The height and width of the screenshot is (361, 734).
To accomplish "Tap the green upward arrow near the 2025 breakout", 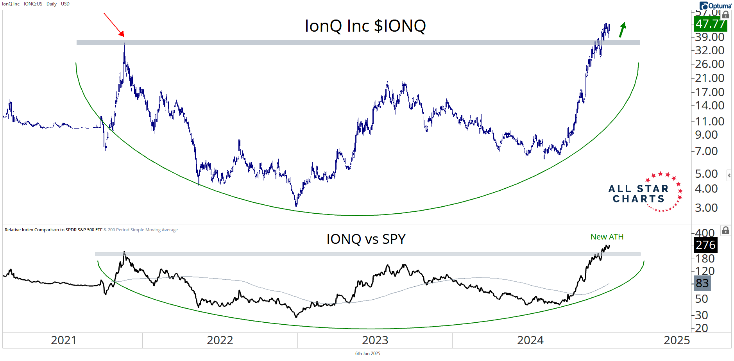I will click(x=622, y=30).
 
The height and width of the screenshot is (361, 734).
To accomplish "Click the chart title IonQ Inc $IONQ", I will click(x=365, y=26).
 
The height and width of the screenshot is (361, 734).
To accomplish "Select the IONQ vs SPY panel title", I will click(x=366, y=239).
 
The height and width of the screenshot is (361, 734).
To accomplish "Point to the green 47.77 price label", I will click(x=710, y=24).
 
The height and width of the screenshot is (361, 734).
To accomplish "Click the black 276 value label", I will click(x=705, y=245).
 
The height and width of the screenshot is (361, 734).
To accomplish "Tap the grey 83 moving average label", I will click(x=702, y=283).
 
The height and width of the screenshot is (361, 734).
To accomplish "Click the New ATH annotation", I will click(x=607, y=237).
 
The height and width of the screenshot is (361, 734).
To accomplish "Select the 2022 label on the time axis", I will click(x=220, y=340).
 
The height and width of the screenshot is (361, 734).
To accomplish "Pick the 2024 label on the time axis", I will click(x=530, y=340).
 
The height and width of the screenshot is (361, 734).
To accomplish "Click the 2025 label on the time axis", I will click(x=677, y=340).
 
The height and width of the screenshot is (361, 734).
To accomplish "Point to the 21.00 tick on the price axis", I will click(x=709, y=78).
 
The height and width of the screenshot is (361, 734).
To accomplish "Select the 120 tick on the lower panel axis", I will click(x=705, y=271).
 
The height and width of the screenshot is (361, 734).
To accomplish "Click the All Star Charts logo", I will click(x=645, y=193).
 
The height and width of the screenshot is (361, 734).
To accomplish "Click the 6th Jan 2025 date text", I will click(x=367, y=354).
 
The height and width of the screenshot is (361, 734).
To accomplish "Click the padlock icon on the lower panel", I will click(x=726, y=231).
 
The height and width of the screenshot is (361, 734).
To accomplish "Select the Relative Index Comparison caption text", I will click(x=54, y=230).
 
